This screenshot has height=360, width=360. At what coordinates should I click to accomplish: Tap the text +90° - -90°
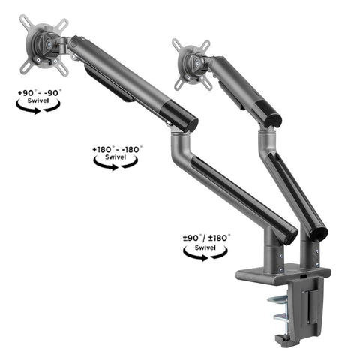pyautogui.click(x=40, y=92)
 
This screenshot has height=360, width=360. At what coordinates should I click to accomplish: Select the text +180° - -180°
pyautogui.click(x=116, y=149)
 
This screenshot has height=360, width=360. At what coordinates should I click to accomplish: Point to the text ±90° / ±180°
pyautogui.click(x=207, y=237)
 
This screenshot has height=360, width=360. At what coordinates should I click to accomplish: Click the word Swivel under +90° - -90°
pyautogui.click(x=39, y=100)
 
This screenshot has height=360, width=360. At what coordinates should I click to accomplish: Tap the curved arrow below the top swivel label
pyautogui.click(x=39, y=109)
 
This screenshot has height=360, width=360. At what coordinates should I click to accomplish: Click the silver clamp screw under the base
pyautogui.click(x=280, y=307)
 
